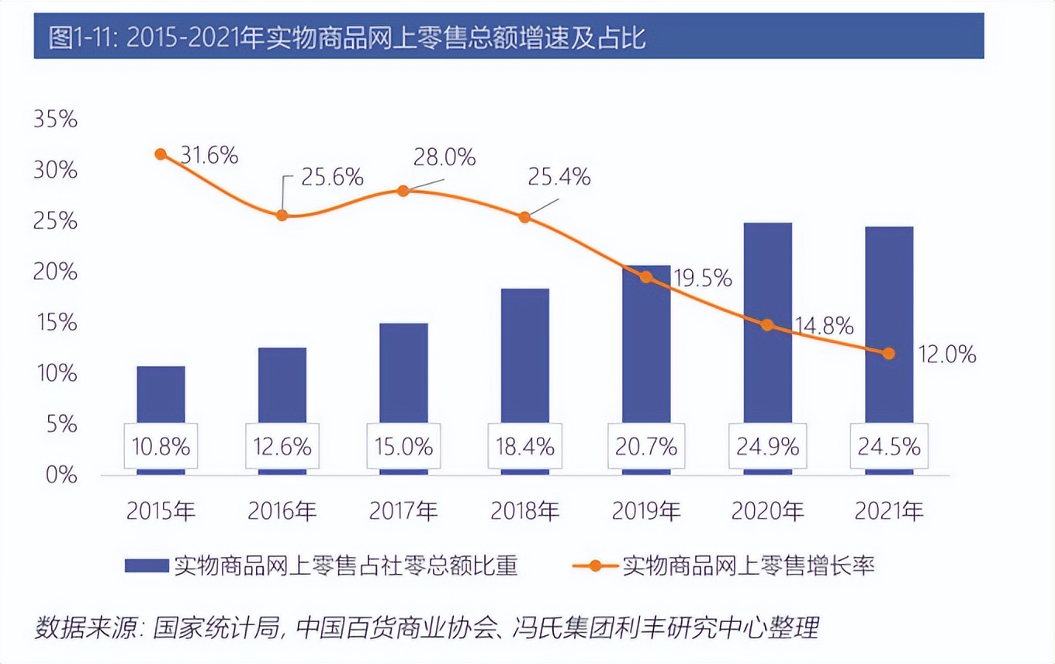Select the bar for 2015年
coord(161,396)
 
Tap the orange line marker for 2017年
coord(403,191)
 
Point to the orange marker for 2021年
coord(889,353)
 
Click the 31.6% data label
coord(209,155)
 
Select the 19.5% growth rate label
coord(703,277)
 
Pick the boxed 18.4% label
coord(525,447)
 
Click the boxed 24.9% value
coord(768,447)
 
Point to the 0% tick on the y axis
coord(61,475)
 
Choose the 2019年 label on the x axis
coord(646,511)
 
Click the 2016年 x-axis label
coord(282,511)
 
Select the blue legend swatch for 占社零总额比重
coord(147,565)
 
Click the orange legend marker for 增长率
coord(595,565)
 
